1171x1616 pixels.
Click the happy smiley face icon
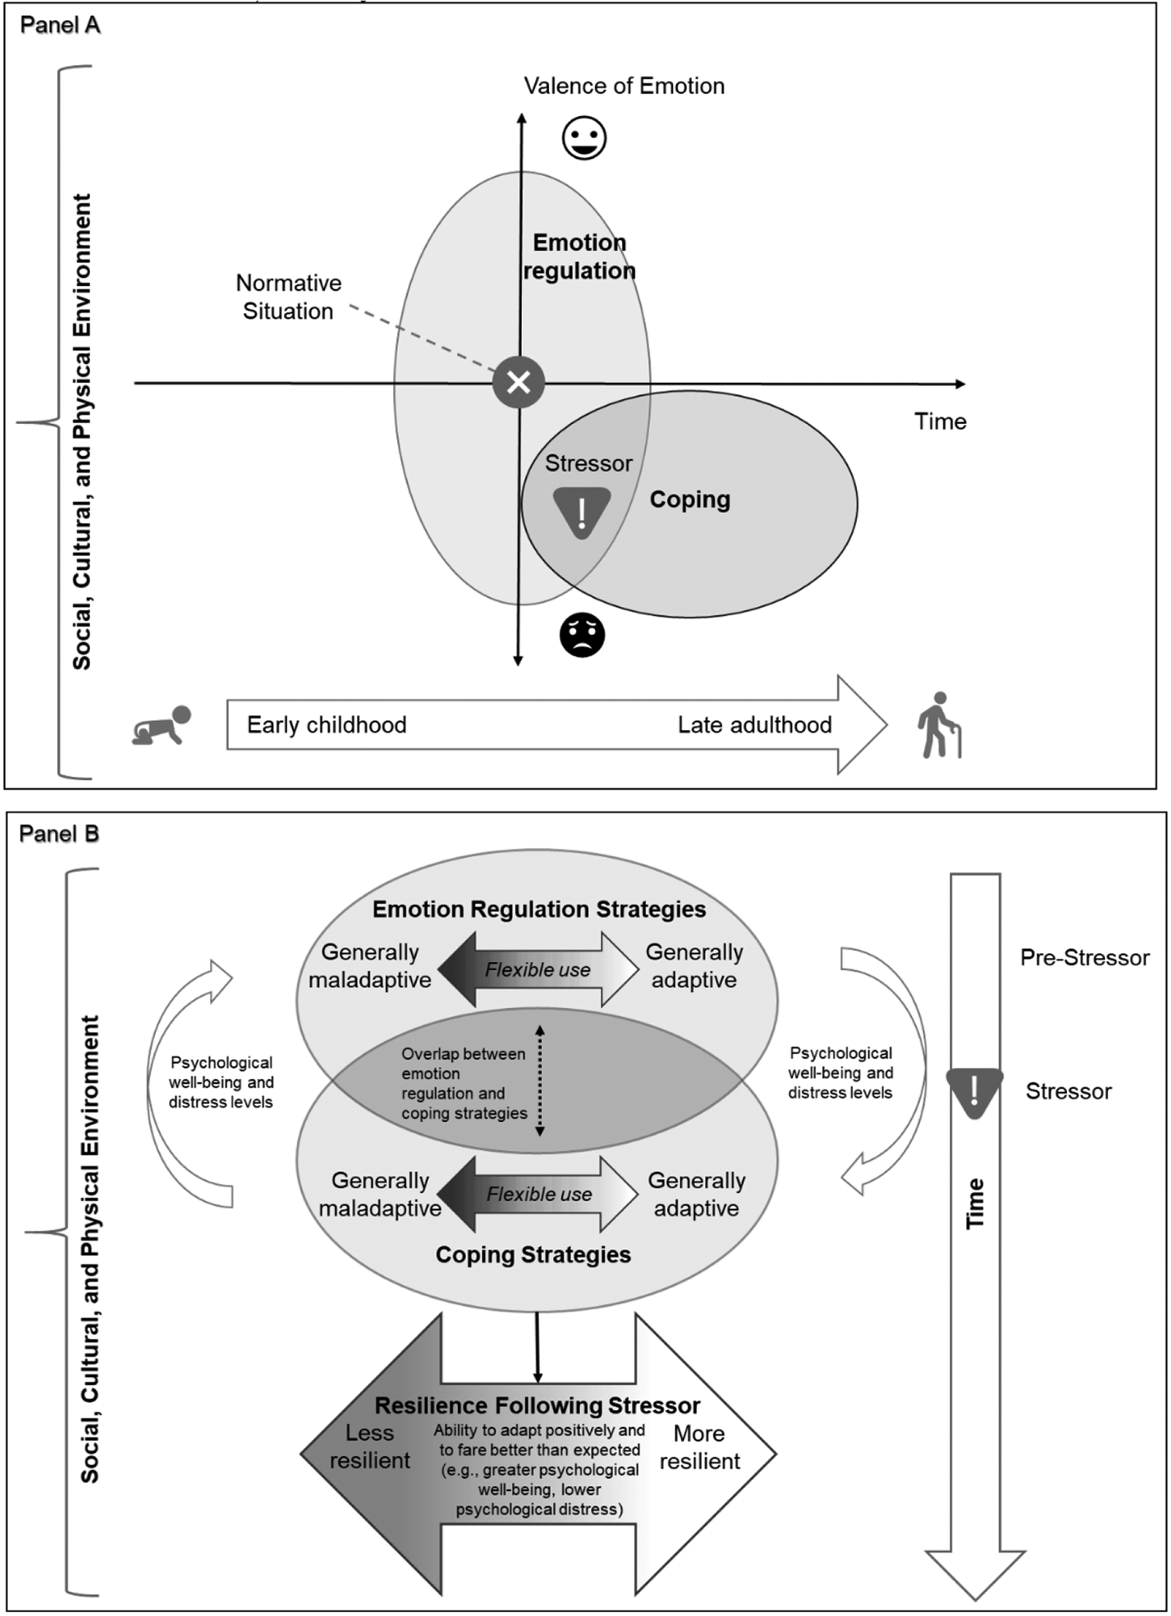tap(584, 139)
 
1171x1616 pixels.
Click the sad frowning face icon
tap(582, 635)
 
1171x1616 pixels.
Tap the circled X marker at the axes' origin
tap(519, 382)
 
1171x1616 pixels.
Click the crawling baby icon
tap(162, 725)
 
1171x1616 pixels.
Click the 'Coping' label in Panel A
tap(689, 500)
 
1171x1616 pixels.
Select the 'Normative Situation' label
tap(288, 297)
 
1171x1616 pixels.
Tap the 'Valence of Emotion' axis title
tap(624, 86)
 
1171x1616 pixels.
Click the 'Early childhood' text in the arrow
tap(326, 725)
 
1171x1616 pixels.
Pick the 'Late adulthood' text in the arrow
tap(755, 725)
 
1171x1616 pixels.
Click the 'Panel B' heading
tap(59, 834)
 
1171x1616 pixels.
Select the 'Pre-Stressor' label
tap(1084, 958)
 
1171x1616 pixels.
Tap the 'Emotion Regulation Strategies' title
tap(539, 909)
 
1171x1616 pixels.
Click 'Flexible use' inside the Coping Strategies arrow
tap(539, 1194)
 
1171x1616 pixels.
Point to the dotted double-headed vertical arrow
tap(541, 1081)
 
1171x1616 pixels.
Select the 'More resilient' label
tap(699, 1447)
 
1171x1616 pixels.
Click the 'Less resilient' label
tap(370, 1446)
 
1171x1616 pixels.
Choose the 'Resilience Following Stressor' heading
tap(537, 1405)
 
